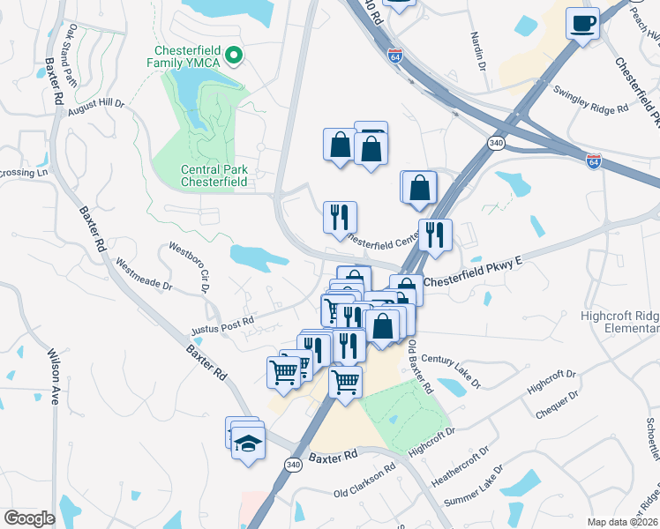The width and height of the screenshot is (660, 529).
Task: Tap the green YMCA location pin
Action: (x=234, y=56)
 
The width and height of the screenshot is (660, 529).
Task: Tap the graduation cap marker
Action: (x=249, y=440)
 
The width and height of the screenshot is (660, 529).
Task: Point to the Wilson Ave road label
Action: (x=52, y=385)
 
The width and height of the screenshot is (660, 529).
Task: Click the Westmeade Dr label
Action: (x=143, y=273)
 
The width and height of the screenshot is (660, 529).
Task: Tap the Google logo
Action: (x=30, y=518)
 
